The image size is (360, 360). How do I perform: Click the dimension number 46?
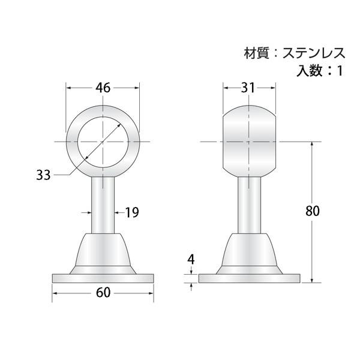[103, 88]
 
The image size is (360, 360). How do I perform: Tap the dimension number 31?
[248, 88]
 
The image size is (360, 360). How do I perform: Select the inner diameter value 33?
[43, 175]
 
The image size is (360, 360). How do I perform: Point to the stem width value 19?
[132, 212]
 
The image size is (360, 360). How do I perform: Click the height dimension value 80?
[313, 211]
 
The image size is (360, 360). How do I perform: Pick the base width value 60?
[103, 293]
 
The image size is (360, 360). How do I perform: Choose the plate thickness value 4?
[191, 260]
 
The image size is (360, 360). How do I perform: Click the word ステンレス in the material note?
[314, 53]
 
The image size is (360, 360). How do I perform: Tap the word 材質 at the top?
[256, 53]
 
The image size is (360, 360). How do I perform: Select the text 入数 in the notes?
[309, 70]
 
